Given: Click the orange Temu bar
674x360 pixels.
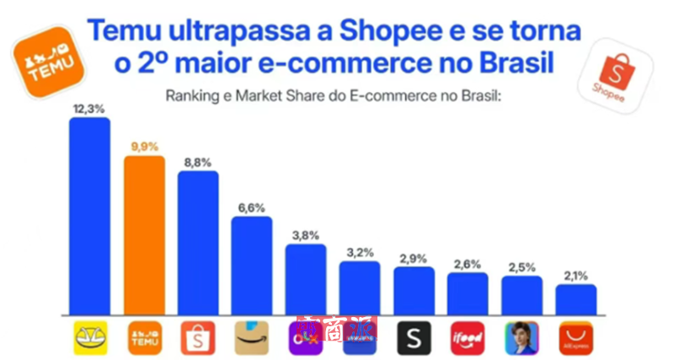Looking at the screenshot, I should click(144, 234).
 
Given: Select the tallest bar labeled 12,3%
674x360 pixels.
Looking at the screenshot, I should click(89, 215).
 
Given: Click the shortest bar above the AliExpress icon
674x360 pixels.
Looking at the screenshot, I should click(575, 299).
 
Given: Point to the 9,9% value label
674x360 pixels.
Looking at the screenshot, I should click(144, 147).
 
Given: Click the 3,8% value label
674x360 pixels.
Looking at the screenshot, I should click(305, 235).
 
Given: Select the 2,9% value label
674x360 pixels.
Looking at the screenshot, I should click(414, 258).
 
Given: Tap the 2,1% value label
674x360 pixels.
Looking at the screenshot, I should click(575, 276).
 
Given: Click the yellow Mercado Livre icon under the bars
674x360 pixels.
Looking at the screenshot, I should click(89, 337).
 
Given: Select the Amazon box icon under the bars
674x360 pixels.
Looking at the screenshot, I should click(252, 337).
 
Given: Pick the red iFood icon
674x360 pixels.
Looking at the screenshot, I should click(468, 337).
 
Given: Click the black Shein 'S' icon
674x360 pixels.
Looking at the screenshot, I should click(414, 337).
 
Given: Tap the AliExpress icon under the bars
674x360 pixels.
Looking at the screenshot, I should click(575, 337).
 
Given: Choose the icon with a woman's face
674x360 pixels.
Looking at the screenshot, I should click(522, 337).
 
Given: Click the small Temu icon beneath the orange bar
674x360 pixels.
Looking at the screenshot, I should click(144, 337).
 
